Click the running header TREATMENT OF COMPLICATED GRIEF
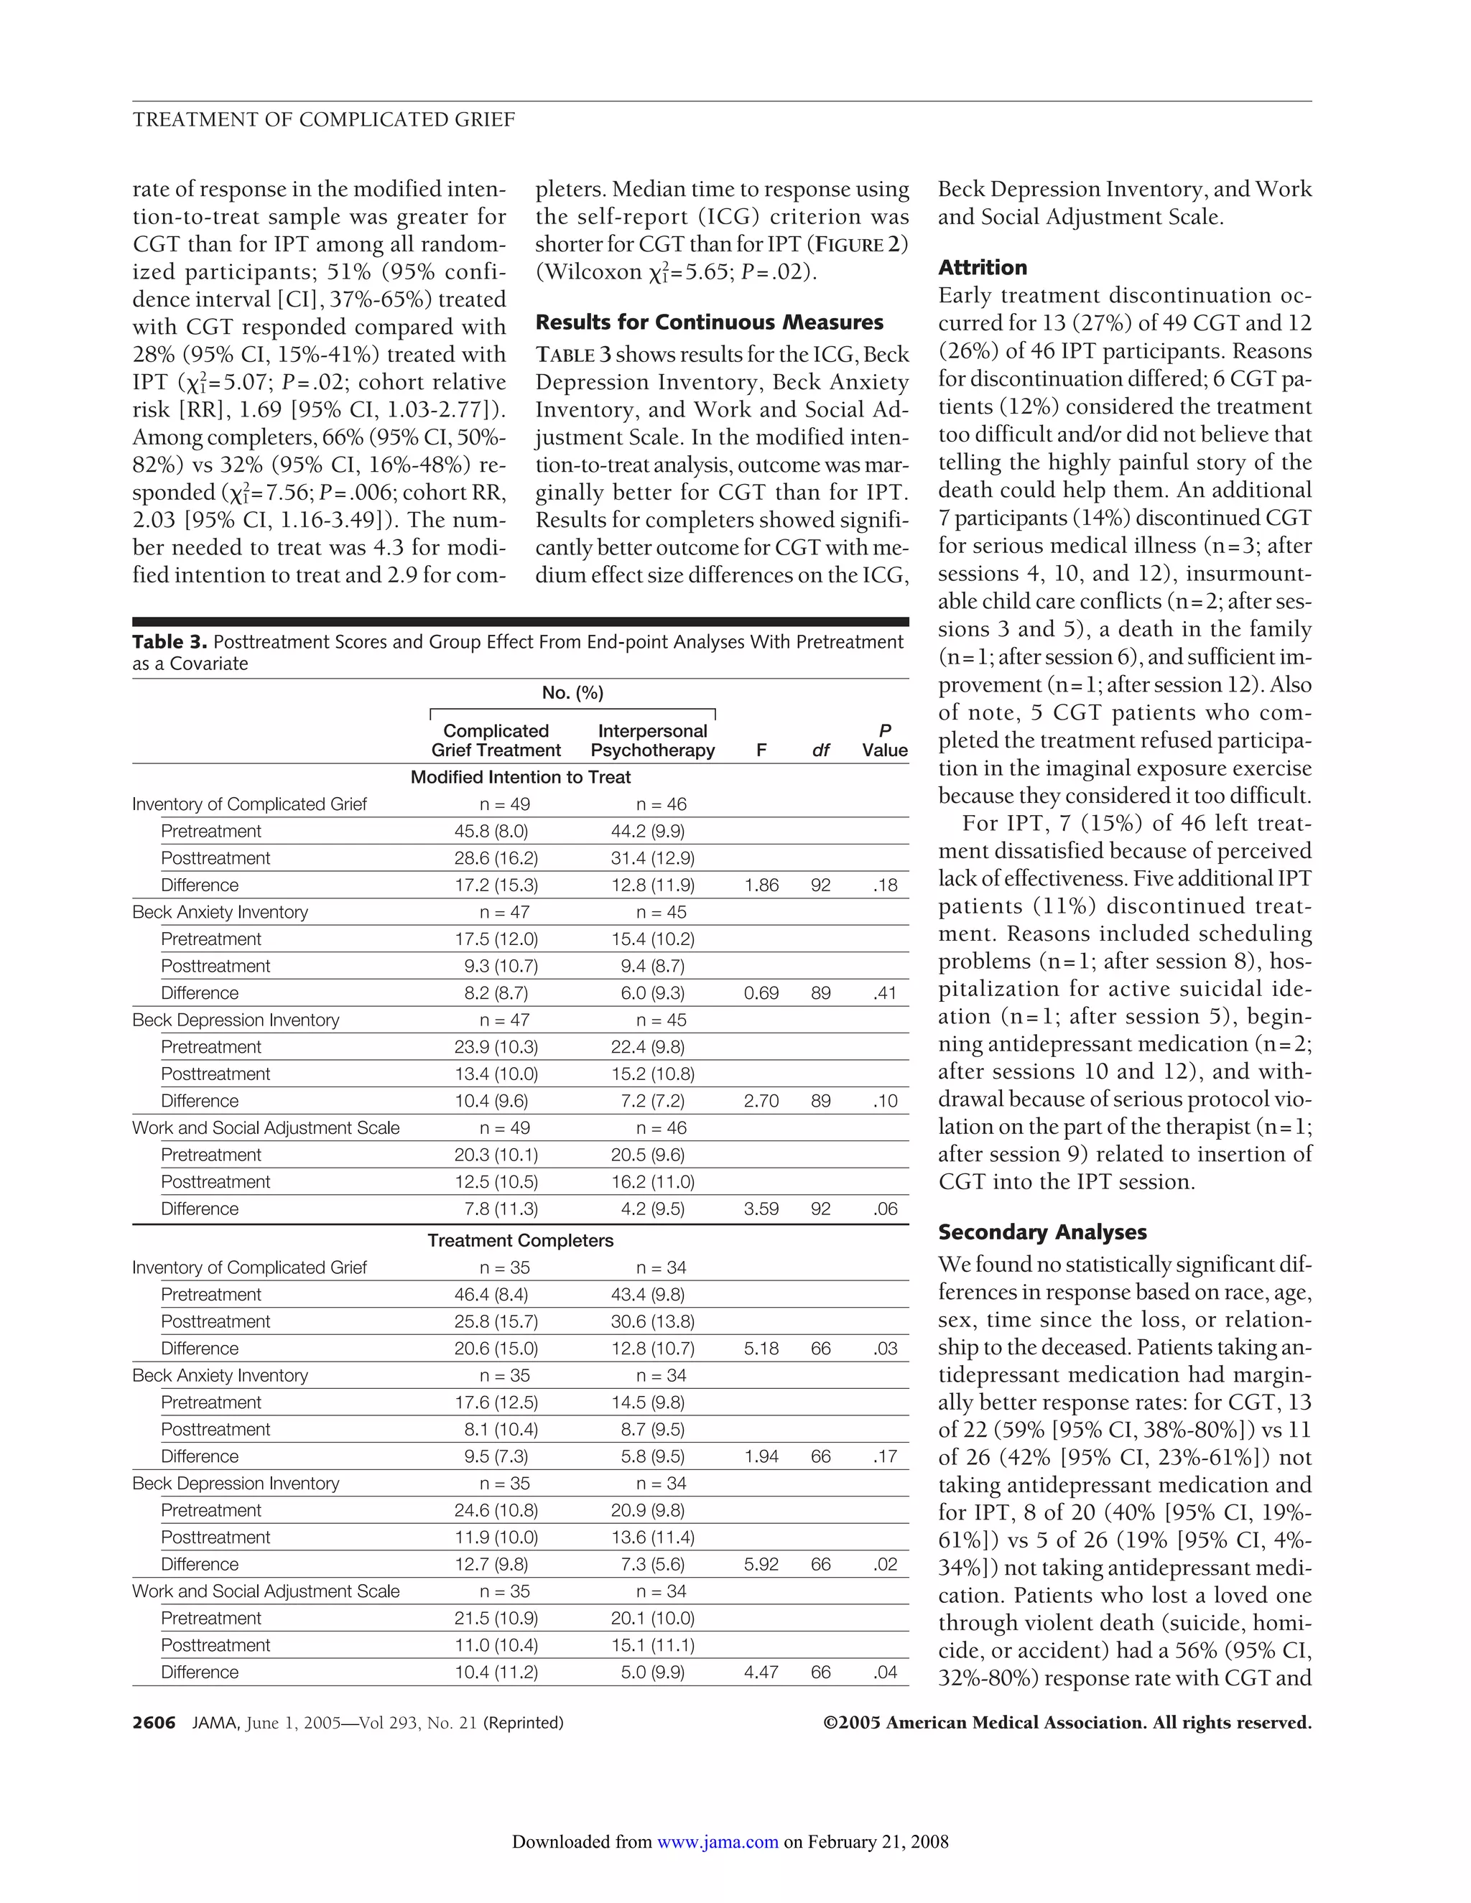[x=323, y=119]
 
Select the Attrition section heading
[x=982, y=268]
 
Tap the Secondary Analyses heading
[x=1041, y=1232]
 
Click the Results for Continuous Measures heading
[x=708, y=322]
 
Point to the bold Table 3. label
[x=170, y=642]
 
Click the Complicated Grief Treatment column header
[x=496, y=740]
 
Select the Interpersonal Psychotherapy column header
[x=652, y=740]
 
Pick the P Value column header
[x=884, y=740]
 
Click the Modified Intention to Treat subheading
[x=520, y=777]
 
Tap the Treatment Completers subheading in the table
[x=520, y=1241]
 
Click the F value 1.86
[x=761, y=885]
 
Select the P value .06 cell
[x=884, y=1209]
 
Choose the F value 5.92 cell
[x=761, y=1564]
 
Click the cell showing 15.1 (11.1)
[x=652, y=1645]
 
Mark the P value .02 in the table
[x=884, y=1564]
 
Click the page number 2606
[x=154, y=1723]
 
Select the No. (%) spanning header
[x=572, y=693]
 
